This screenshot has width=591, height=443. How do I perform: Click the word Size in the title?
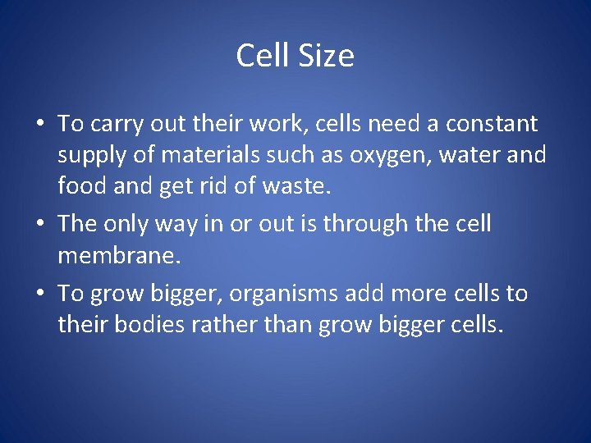click(327, 56)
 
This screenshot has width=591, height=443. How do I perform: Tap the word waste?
click(296, 186)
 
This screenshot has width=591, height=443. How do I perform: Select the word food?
click(82, 186)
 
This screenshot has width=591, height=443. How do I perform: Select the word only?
click(139, 223)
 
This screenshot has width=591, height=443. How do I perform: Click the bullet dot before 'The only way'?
click(40, 224)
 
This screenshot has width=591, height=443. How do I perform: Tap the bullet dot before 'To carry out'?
click(40, 125)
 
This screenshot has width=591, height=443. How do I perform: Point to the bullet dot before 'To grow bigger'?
click(40, 295)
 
